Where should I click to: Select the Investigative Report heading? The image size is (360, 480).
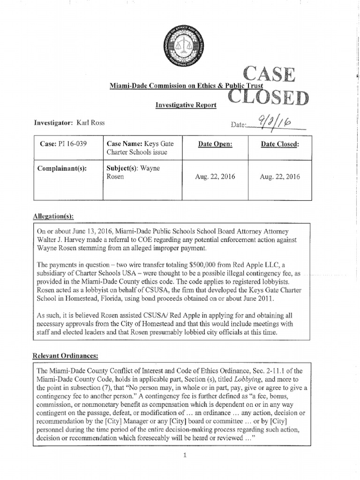186,105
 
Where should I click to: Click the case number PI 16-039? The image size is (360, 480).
75,143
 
